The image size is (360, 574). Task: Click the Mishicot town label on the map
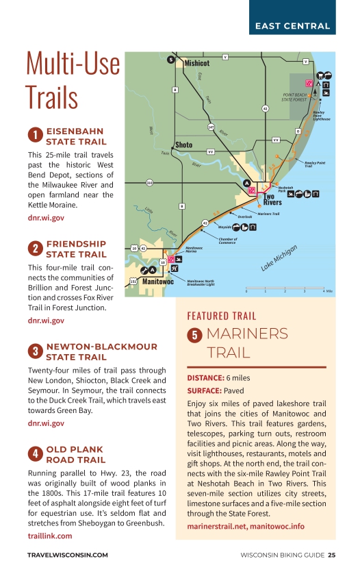196,62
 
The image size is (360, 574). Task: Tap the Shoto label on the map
183,145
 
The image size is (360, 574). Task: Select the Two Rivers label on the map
273,199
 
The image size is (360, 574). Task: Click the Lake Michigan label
280,260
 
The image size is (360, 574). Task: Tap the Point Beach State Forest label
298,97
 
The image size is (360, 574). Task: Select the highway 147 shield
211,127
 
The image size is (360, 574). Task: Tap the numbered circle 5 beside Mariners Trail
195,335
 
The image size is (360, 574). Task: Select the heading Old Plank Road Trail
75,455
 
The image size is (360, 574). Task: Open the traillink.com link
50,536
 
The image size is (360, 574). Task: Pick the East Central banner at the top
292,27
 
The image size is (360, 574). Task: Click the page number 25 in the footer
331,555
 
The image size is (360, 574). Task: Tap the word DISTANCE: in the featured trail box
205,378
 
